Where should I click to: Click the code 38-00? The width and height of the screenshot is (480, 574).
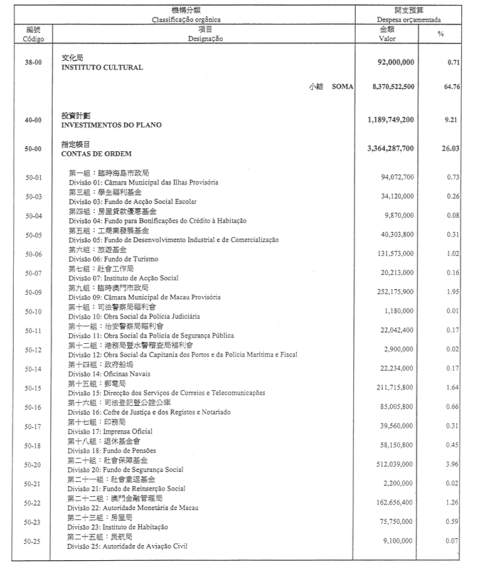33,63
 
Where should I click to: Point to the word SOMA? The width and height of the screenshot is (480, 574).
343,87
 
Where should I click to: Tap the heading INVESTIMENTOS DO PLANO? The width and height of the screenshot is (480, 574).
111,125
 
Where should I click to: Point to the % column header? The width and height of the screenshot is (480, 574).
440,34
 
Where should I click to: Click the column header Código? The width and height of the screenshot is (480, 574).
33,38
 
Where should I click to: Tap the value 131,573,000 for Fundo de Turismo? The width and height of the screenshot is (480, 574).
395,254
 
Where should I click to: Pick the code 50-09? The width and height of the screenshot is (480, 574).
33,292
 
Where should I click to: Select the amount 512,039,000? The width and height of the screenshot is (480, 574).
395,465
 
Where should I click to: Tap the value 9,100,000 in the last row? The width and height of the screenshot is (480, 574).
398,541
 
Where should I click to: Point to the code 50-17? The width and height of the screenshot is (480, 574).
33,427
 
